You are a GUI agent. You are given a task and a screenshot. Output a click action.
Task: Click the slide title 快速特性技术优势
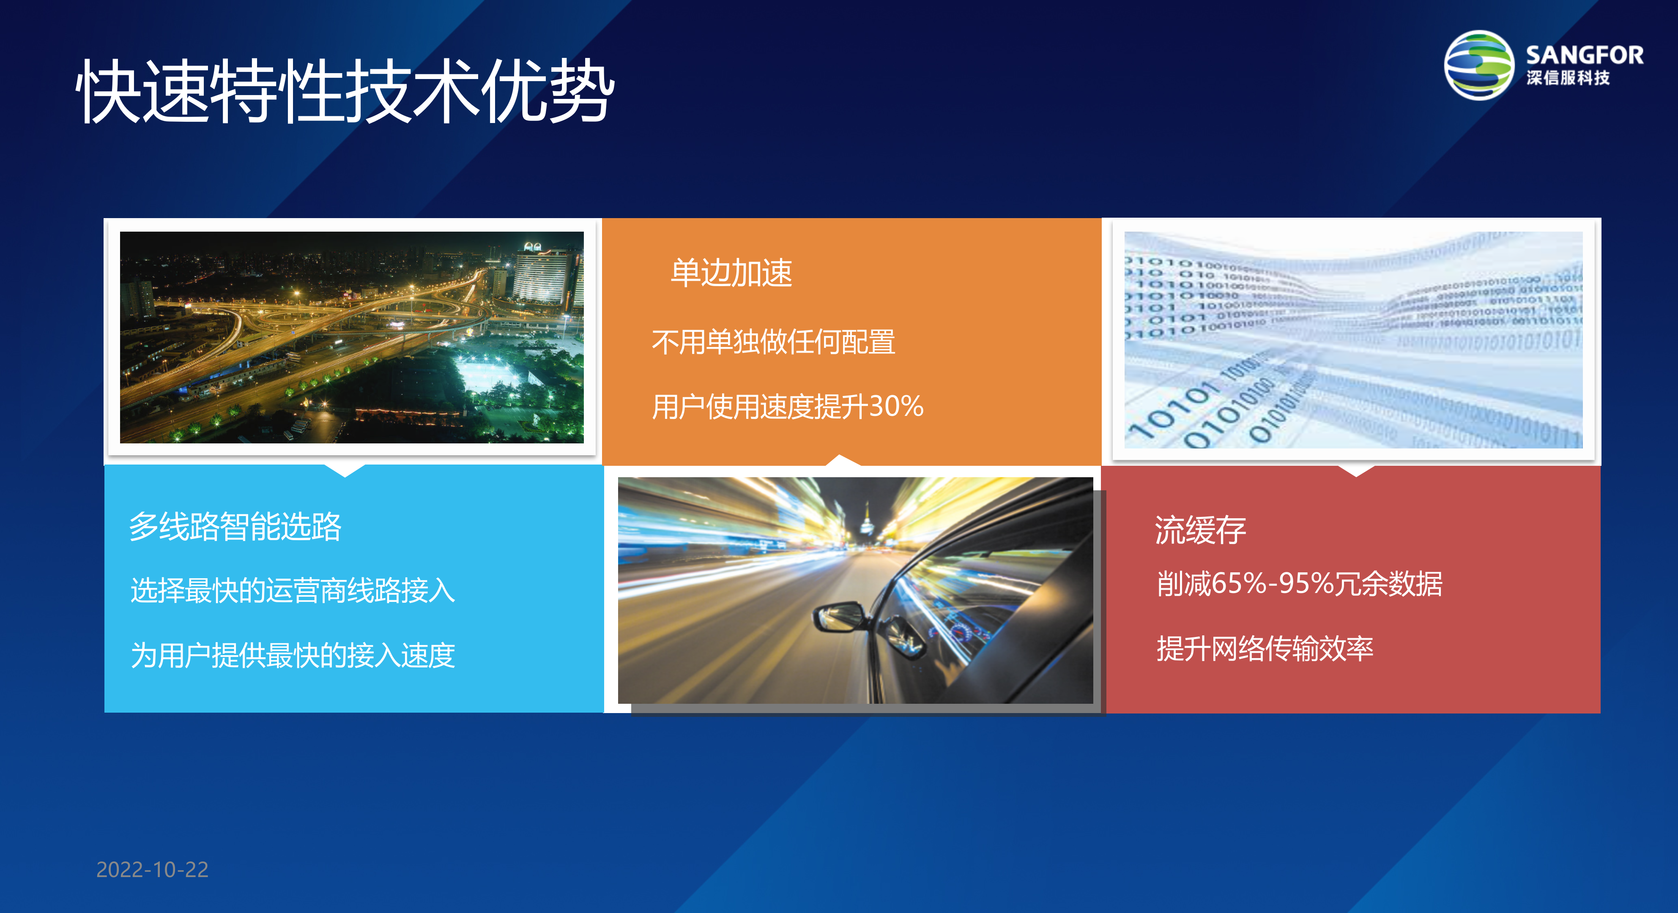pyautogui.click(x=345, y=91)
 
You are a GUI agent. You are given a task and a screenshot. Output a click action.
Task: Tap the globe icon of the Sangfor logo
pyautogui.click(x=1479, y=65)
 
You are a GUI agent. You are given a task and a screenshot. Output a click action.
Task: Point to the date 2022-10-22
pyautogui.click(x=153, y=869)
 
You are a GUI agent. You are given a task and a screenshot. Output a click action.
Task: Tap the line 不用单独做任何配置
pyautogui.click(x=773, y=342)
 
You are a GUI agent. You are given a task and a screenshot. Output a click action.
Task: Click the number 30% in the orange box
pyautogui.click(x=896, y=406)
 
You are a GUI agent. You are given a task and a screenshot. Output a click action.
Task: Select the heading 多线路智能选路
pyautogui.click(x=235, y=526)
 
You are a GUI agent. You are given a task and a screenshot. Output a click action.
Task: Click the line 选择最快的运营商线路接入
pyautogui.click(x=293, y=590)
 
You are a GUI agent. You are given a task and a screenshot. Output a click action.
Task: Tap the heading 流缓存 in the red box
pyautogui.click(x=1200, y=530)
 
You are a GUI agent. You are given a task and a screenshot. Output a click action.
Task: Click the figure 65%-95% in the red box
pyautogui.click(x=1273, y=583)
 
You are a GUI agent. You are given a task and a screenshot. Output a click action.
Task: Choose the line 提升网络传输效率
pyautogui.click(x=1265, y=648)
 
